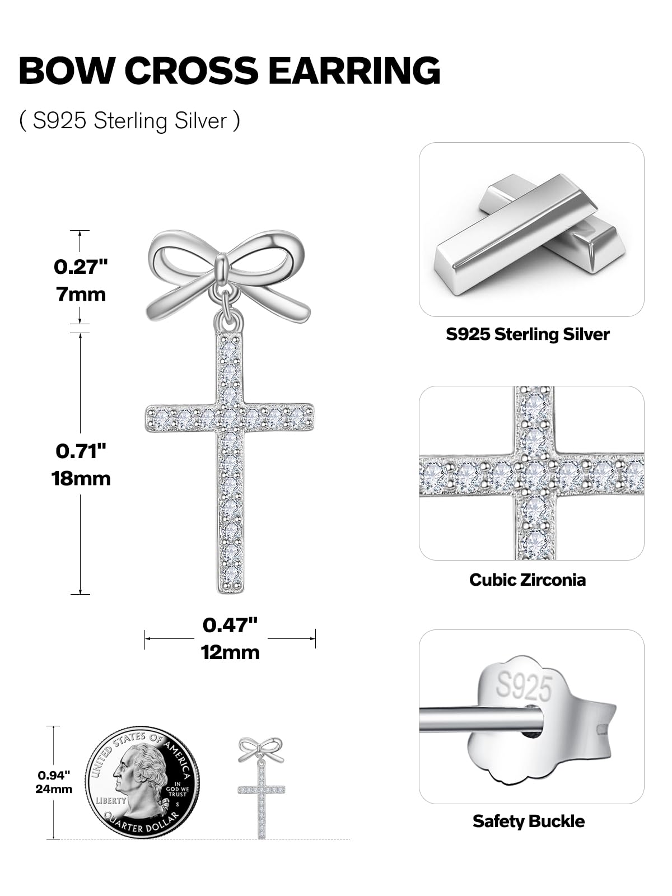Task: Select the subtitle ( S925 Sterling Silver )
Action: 130,121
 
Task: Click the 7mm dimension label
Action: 81,294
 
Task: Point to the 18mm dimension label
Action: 81,478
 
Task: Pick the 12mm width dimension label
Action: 230,652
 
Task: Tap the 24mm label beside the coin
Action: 55,789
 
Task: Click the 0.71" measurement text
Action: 81,451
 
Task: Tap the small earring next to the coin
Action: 261,787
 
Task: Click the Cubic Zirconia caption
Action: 528,579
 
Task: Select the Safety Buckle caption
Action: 528,821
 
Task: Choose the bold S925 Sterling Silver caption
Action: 528,334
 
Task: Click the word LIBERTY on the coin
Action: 110,800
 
